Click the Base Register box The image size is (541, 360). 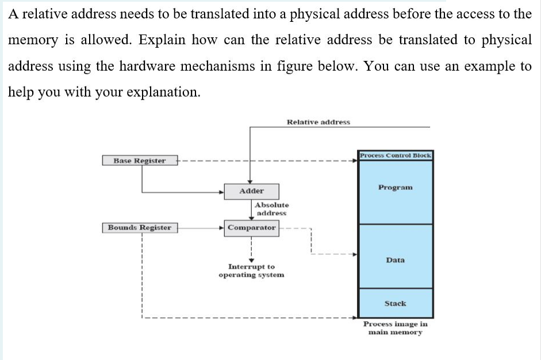tap(139, 160)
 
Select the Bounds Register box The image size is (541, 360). tap(140, 227)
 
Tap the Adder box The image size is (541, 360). tap(251, 191)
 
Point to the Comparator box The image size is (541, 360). tap(251, 227)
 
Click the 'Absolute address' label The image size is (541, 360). tap(271, 209)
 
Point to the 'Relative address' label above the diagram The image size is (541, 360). tap(318, 122)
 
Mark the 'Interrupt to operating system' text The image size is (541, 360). tap(251, 271)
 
